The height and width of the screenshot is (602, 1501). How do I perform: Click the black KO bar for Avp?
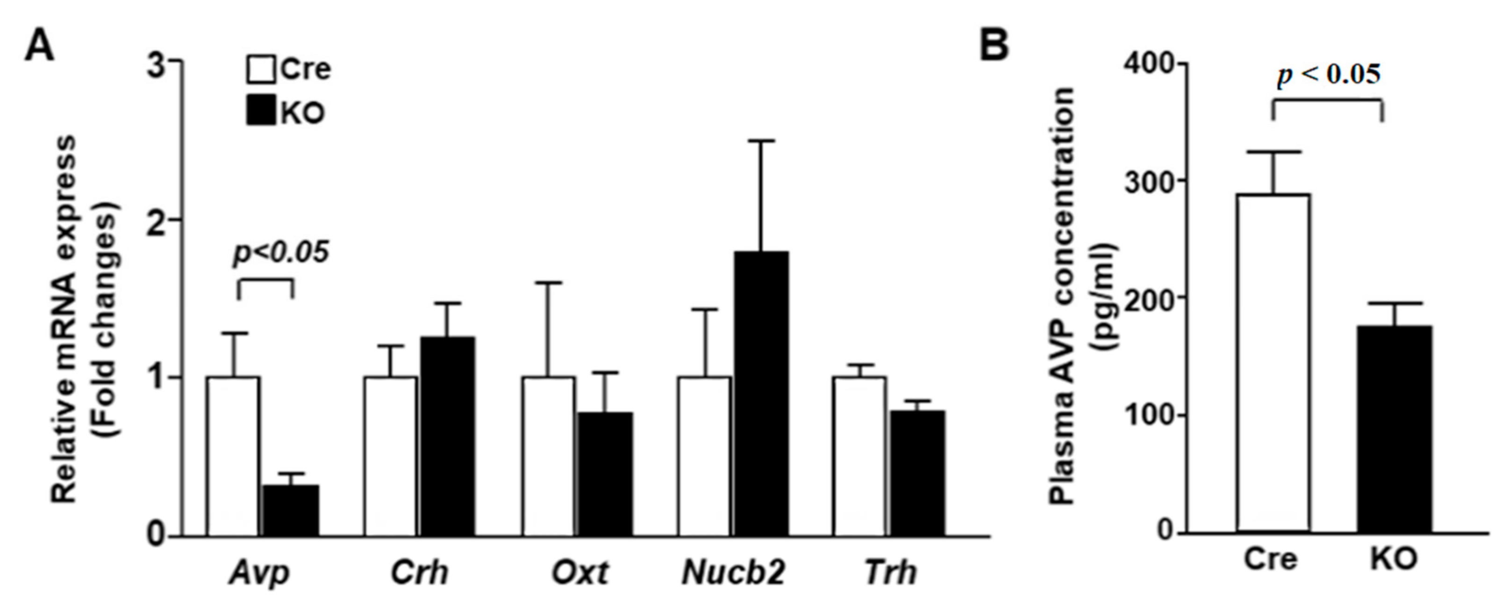coord(290,510)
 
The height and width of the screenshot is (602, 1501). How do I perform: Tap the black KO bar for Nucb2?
coord(761,394)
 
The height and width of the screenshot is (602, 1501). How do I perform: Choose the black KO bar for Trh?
coord(917,473)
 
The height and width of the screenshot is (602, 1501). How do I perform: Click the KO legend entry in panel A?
coord(286,113)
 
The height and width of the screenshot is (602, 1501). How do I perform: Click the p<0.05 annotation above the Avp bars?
coord(281,252)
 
